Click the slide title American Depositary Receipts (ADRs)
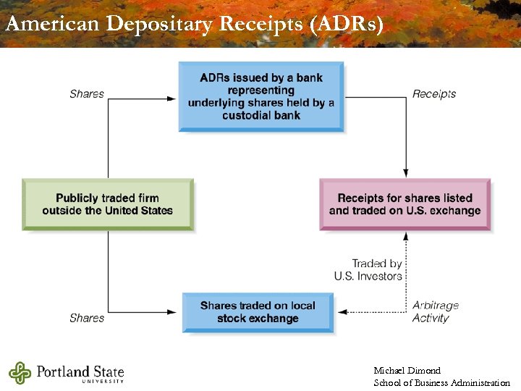point(194,23)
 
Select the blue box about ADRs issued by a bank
point(261,96)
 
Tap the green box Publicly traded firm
point(107,204)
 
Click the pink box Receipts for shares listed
point(404,204)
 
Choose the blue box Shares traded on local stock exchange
point(258,312)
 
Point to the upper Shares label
point(87,93)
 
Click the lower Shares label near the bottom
point(87,318)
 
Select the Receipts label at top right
point(434,93)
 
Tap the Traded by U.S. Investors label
point(368,269)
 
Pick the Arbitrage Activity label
point(436,311)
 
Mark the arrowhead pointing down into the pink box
point(406,174)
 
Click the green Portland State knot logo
point(20,373)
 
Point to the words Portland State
point(80,372)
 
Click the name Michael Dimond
point(407,371)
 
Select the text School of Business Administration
point(441,382)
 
